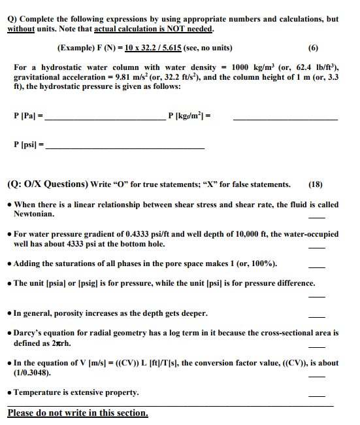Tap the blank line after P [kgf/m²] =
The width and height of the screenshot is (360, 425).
[285, 119]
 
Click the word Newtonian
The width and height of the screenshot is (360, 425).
[35, 214]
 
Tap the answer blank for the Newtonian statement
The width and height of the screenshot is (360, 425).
[316, 216]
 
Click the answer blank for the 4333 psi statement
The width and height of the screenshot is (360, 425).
[316, 247]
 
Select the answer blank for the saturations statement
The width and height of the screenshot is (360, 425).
[316, 267]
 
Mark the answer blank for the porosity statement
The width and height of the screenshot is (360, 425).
[316, 316]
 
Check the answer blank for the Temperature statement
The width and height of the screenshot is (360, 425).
[316, 396]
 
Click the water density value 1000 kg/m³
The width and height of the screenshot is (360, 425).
[252, 67]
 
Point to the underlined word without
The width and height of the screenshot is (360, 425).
[25, 29]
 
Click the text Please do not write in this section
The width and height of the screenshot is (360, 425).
[78, 413]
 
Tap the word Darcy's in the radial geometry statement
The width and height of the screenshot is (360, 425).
[30, 333]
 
